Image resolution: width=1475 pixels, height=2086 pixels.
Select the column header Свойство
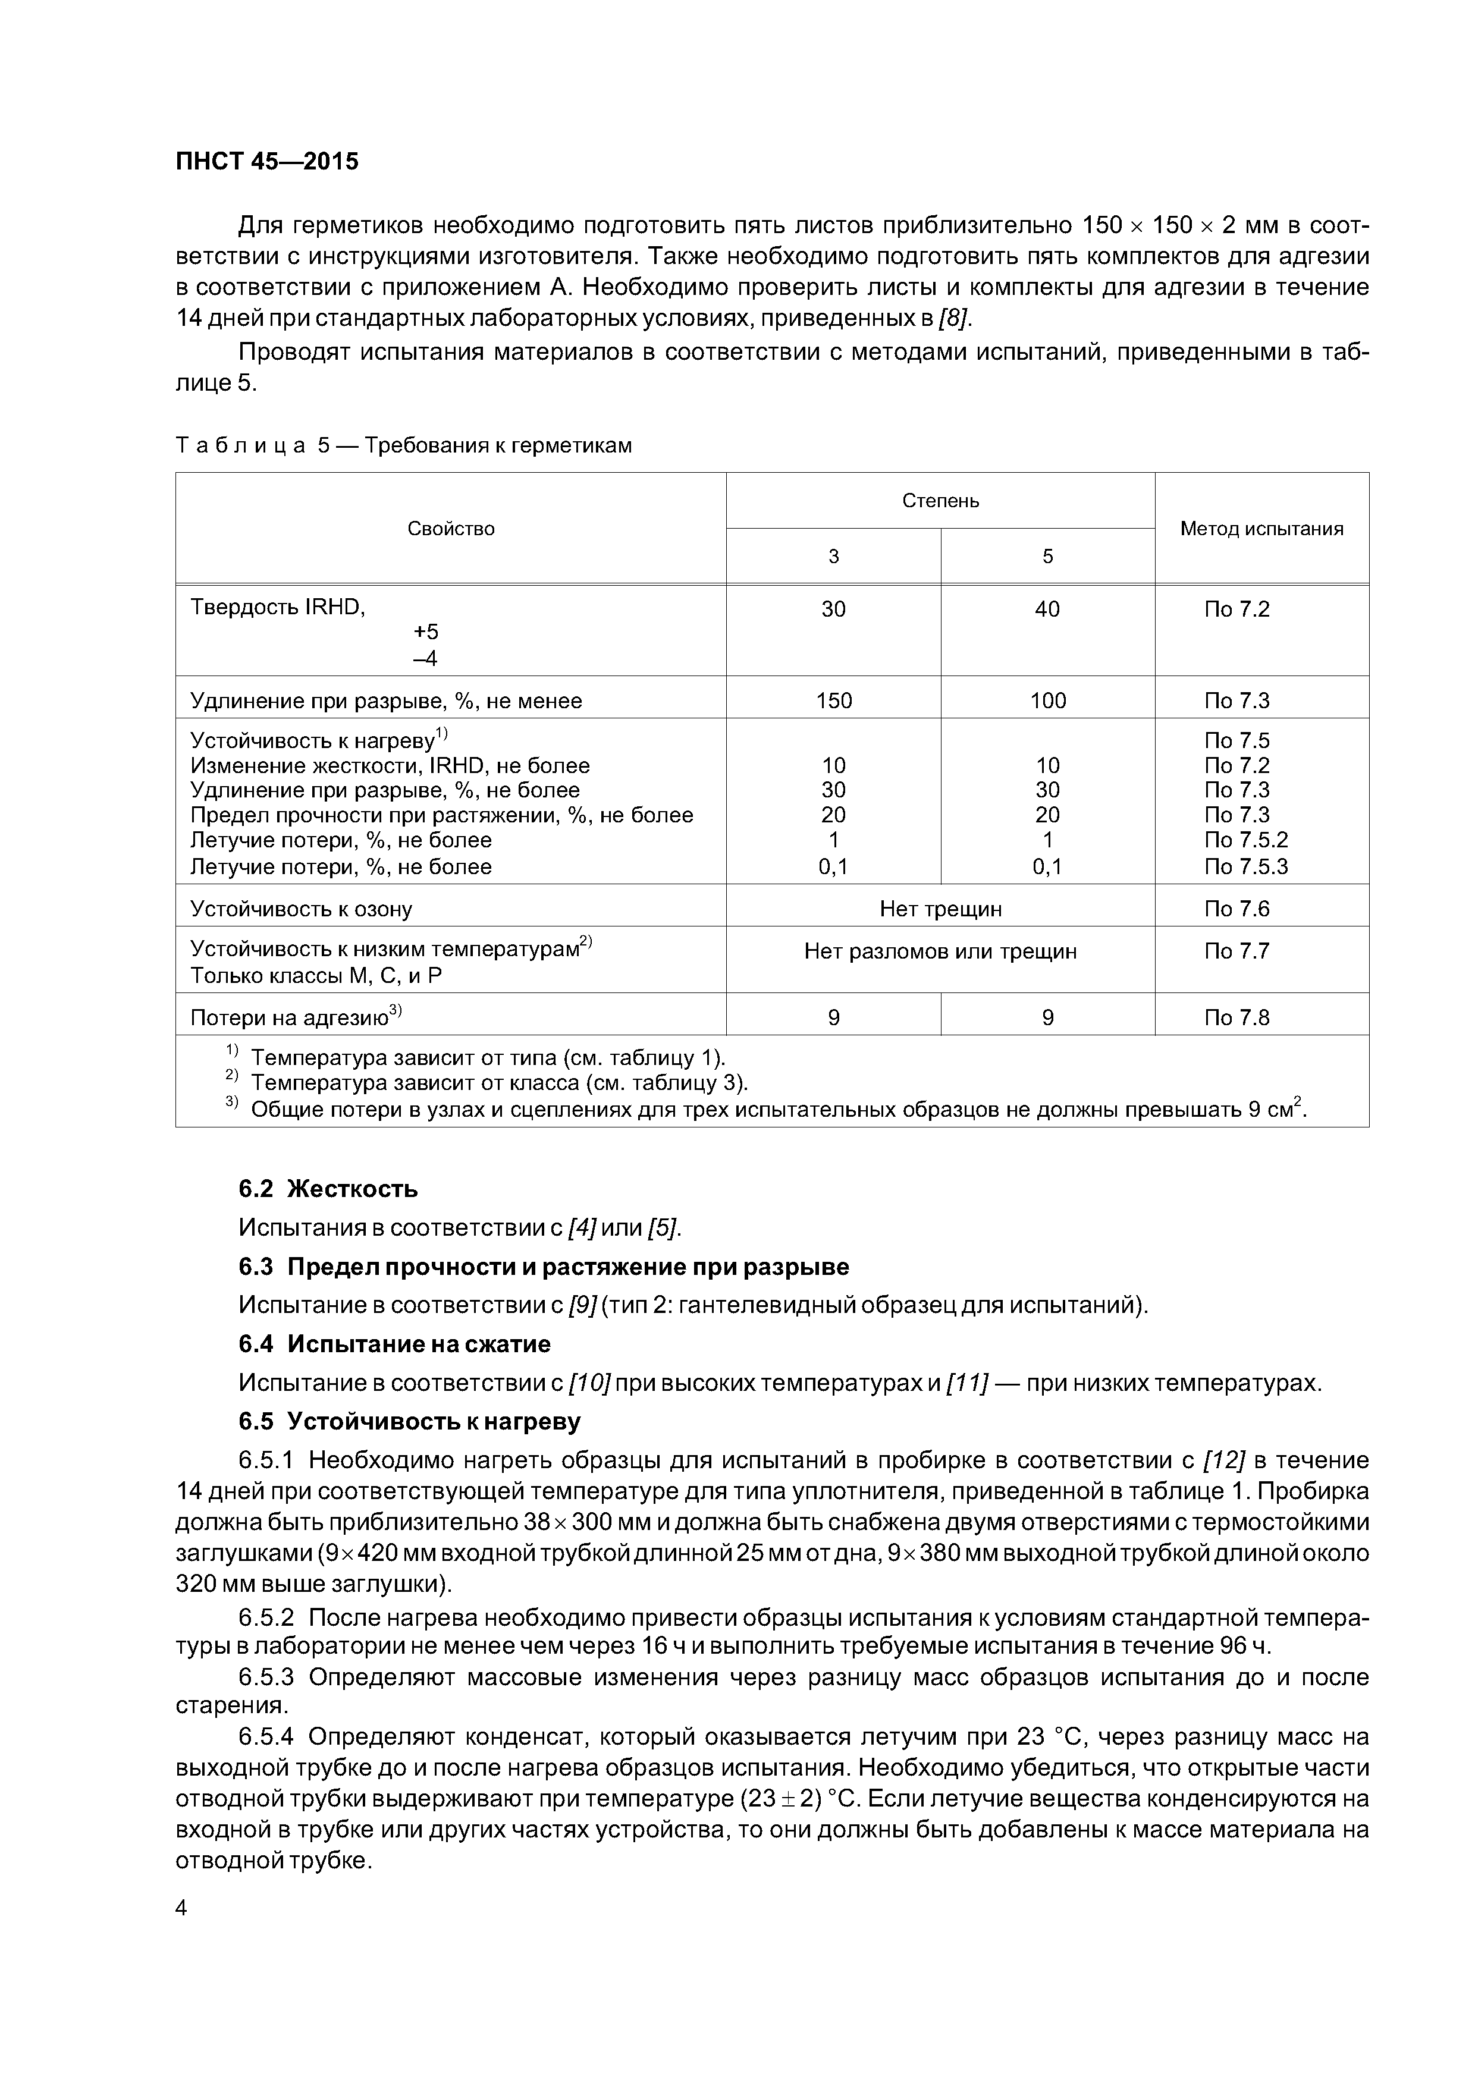[x=451, y=529]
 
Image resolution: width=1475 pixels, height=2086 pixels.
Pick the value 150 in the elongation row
[x=833, y=700]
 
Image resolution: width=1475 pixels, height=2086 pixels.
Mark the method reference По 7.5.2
[x=1245, y=840]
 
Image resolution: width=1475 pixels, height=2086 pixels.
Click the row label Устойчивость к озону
[x=301, y=909]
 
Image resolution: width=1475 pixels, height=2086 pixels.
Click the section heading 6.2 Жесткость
[x=328, y=1188]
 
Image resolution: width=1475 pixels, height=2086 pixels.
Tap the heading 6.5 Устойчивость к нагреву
[x=409, y=1421]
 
